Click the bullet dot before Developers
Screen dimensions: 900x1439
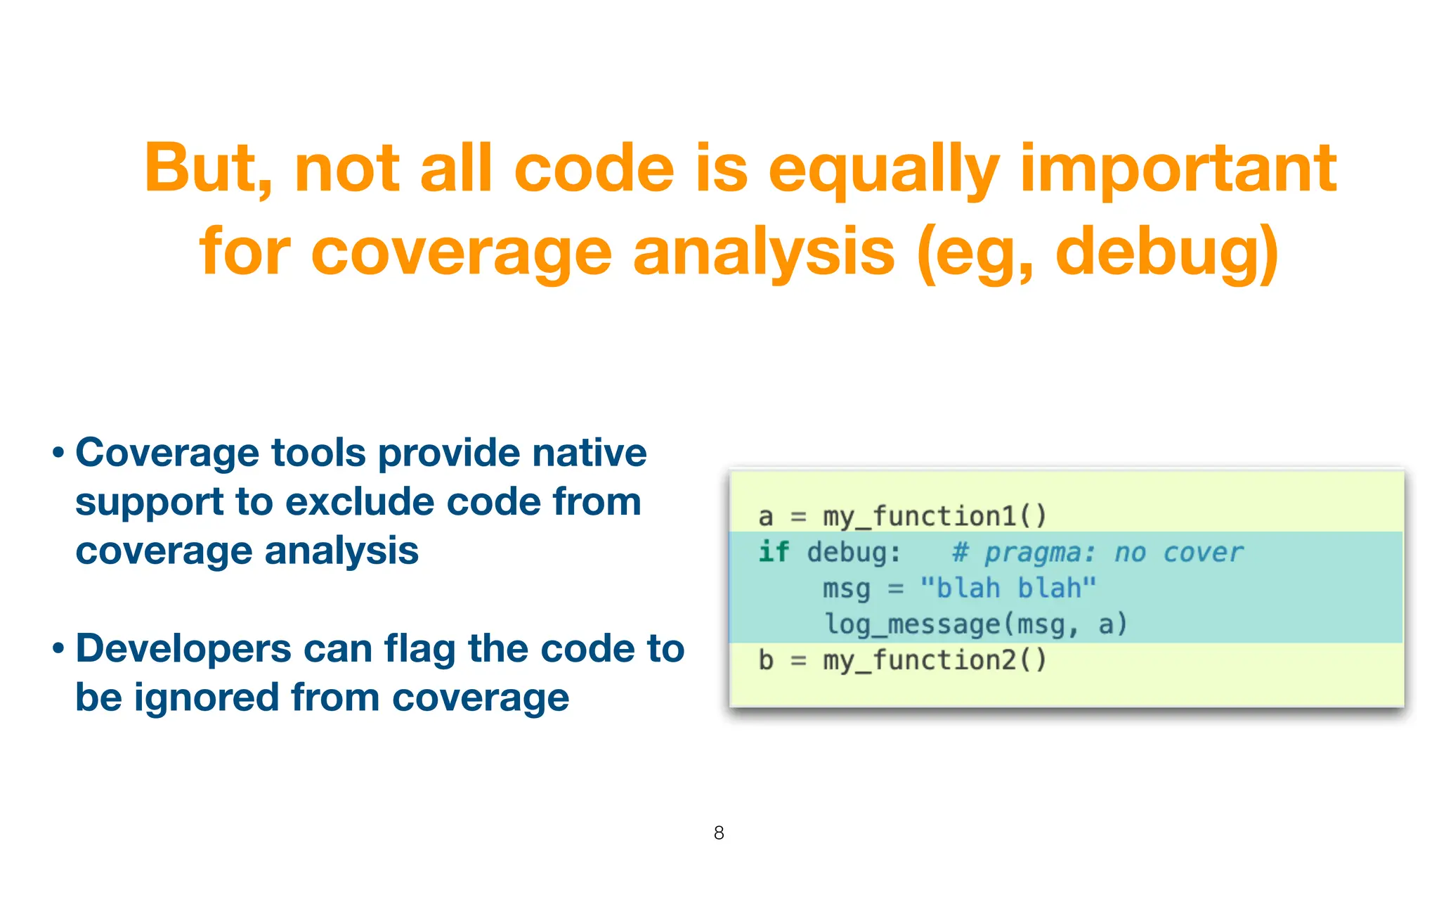(x=59, y=649)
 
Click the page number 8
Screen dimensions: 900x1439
(x=719, y=833)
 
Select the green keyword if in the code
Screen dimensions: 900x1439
(x=773, y=552)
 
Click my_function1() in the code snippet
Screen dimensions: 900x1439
(x=935, y=517)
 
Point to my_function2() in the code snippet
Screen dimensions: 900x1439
(x=935, y=660)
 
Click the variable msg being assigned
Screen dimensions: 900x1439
(x=846, y=589)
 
